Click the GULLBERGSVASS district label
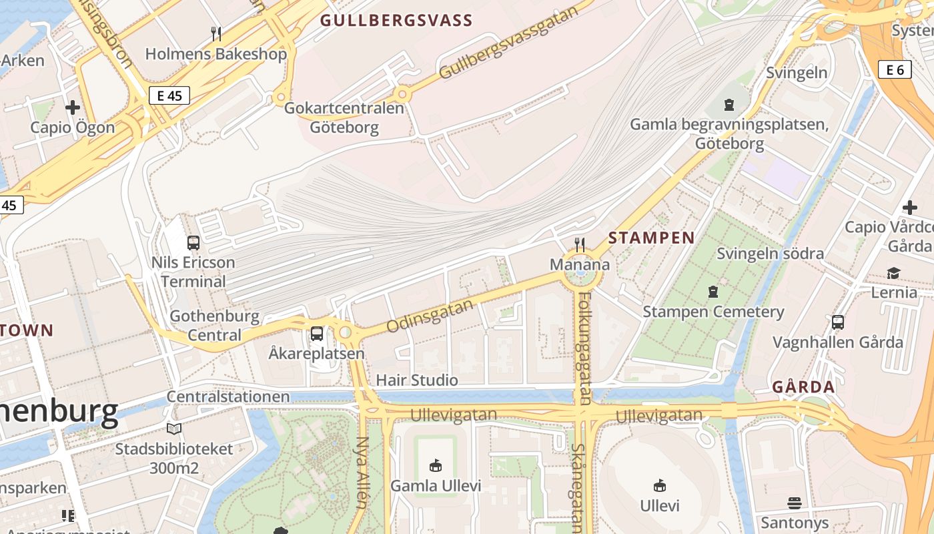[396, 20]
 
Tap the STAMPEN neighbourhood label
[651, 238]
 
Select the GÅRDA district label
[803, 387]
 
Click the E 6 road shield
[895, 69]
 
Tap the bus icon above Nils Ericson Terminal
[193, 243]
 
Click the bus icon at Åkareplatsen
[317, 333]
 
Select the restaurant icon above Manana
[580, 245]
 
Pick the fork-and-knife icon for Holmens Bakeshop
[215, 34]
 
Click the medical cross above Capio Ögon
[73, 107]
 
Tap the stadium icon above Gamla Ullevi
[435, 465]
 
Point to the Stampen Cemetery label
[713, 312]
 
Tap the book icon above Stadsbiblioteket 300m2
[174, 429]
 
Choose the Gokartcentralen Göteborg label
[344, 117]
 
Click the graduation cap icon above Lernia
[893, 273]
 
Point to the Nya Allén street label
[362, 473]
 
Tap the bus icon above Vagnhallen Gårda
[837, 322]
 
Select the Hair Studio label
[417, 380]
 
